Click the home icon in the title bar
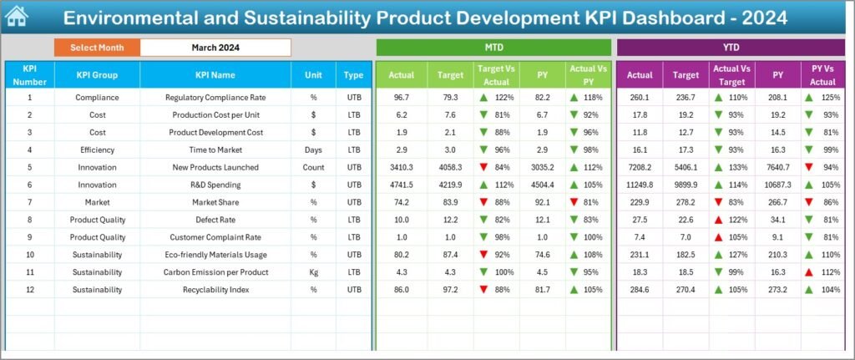click(17, 17)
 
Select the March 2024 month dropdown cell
click(215, 48)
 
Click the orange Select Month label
click(97, 48)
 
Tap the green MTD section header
click(493, 48)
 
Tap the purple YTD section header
click(731, 48)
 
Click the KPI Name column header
click(215, 75)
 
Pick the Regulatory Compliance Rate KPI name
click(215, 98)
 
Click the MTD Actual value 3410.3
click(401, 167)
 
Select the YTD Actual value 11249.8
click(640, 185)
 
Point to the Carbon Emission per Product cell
click(215, 272)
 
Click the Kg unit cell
click(313, 272)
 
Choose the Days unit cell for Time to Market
click(313, 150)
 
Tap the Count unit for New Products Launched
click(313, 167)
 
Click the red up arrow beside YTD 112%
click(809, 272)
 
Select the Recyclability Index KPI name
click(215, 290)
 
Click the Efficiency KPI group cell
click(97, 150)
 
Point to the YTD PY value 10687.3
click(777, 185)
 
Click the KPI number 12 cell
click(29, 290)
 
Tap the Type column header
click(353, 75)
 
